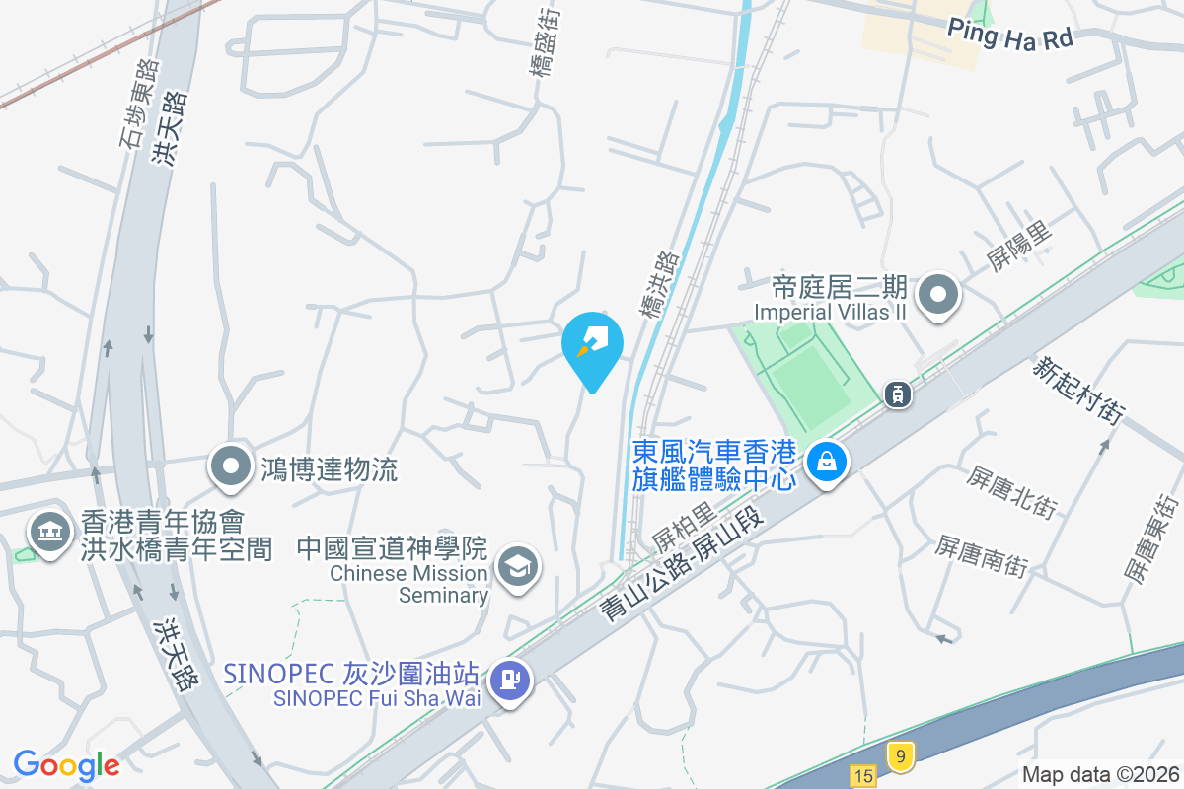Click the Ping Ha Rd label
click(1009, 36)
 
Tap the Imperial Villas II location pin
click(938, 295)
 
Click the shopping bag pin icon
click(827, 462)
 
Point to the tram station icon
click(897, 394)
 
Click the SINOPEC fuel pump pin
click(510, 681)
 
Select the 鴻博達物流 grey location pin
click(232, 466)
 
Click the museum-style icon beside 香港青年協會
click(46, 533)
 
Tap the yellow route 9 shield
click(899, 755)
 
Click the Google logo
click(66, 764)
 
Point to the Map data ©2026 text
click(1099, 775)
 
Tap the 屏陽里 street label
click(1019, 246)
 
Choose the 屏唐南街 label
click(982, 556)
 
